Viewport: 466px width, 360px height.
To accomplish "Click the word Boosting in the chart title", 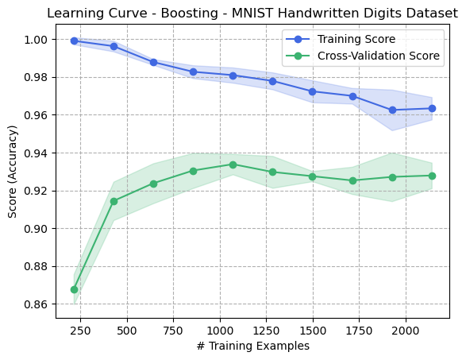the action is tap(189, 14).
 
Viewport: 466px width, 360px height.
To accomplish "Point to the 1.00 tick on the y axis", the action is tap(36, 40).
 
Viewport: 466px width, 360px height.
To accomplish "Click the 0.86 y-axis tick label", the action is tap(36, 304).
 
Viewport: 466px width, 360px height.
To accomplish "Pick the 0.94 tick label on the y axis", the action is tap(36, 153).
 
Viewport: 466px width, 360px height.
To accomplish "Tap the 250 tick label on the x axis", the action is tap(80, 331).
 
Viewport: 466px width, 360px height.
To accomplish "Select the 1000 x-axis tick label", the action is tap(220, 331).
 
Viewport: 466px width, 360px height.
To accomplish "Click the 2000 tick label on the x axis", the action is tap(406, 331).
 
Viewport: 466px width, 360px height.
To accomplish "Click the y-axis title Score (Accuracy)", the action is tap(13, 172).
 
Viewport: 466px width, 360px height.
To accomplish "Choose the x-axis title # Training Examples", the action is tap(253, 346).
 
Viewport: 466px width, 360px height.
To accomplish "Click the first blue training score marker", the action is tap(75, 41).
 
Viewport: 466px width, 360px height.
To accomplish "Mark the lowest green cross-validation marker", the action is tap(75, 290).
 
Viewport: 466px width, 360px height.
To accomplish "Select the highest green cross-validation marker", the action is tap(233, 165).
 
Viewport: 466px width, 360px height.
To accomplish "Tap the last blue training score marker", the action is tap(432, 109).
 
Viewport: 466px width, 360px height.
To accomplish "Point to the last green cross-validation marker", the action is tap(432, 176).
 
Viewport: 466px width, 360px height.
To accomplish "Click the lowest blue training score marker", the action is tap(393, 110).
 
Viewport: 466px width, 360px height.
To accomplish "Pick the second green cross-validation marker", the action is tap(114, 201).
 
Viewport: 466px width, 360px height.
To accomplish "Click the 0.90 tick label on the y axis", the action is tap(36, 229).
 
